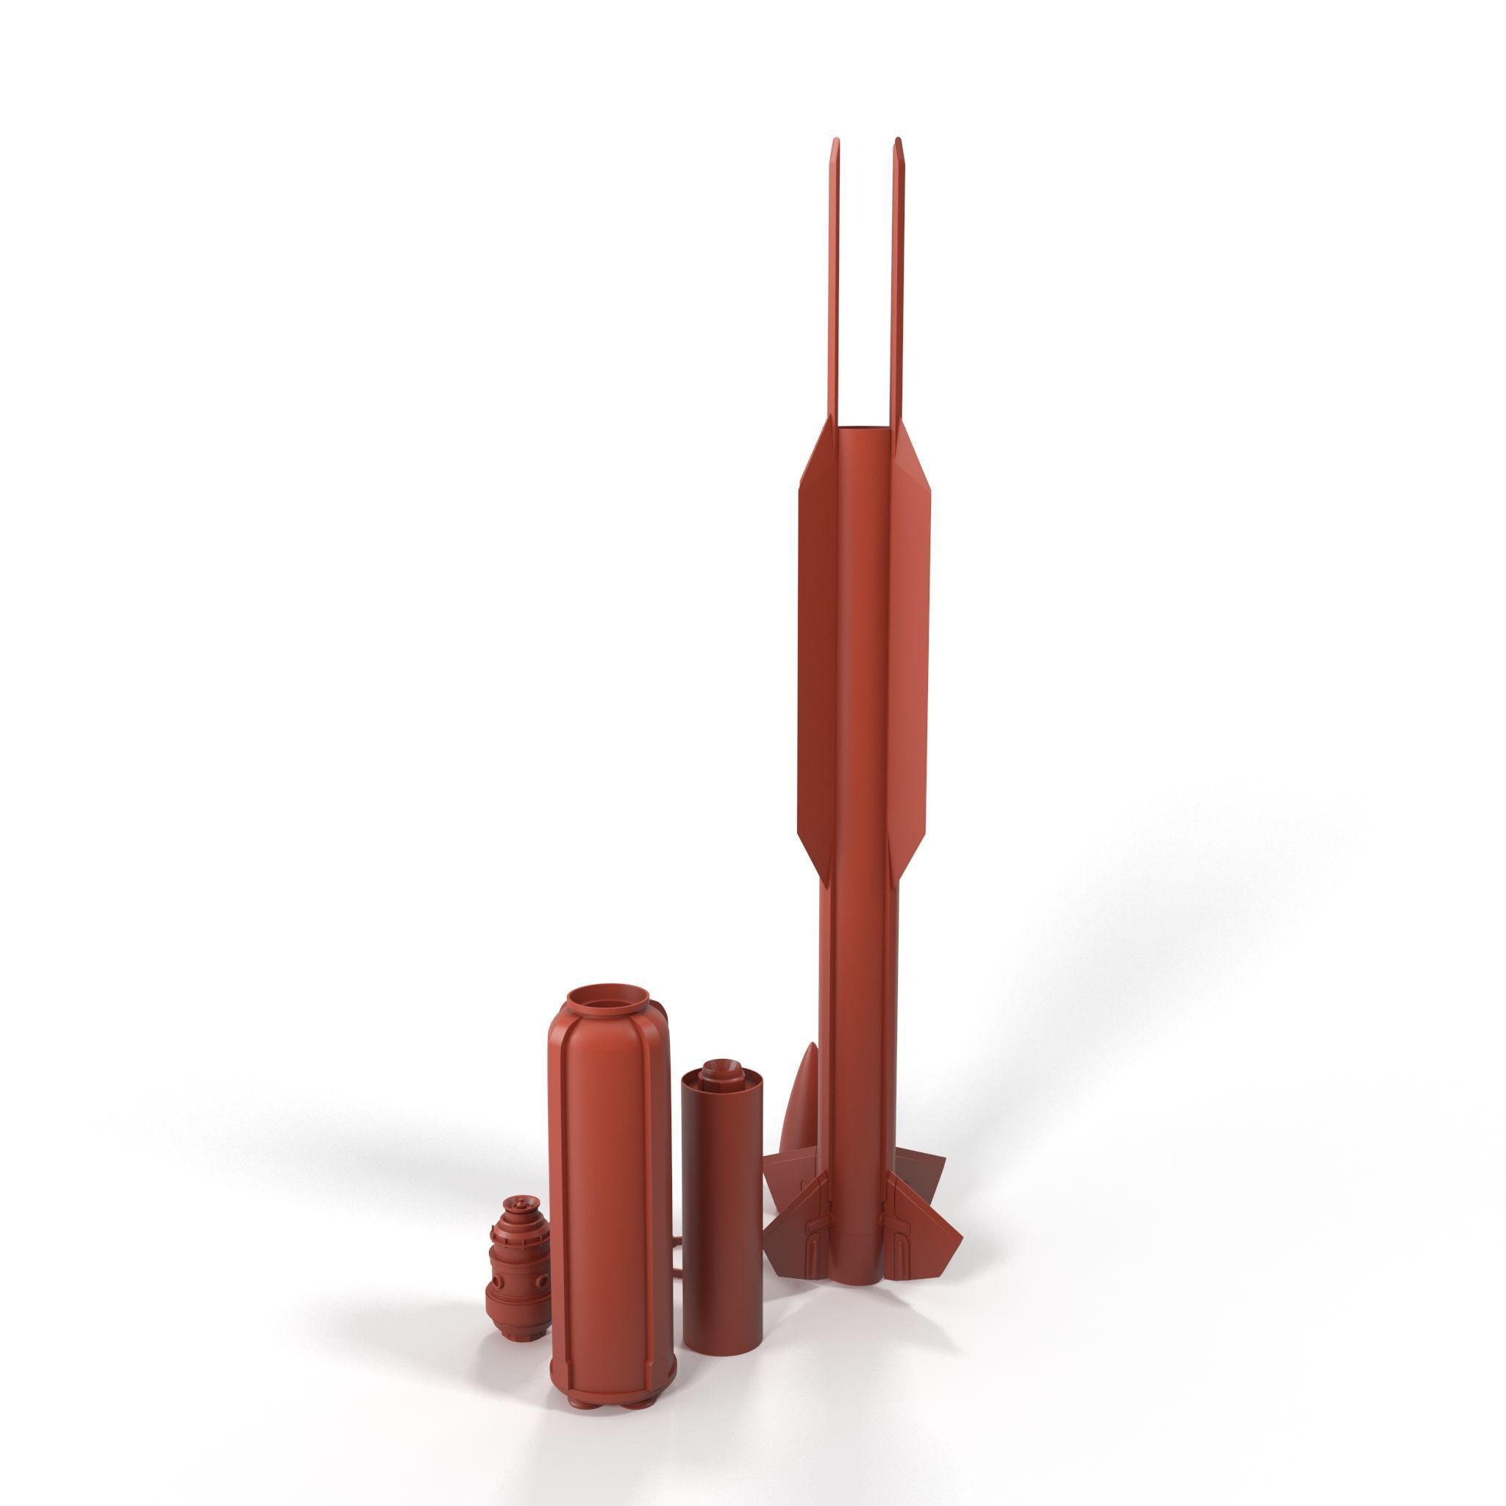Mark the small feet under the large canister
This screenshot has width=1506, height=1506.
(x=612, y=1403)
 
